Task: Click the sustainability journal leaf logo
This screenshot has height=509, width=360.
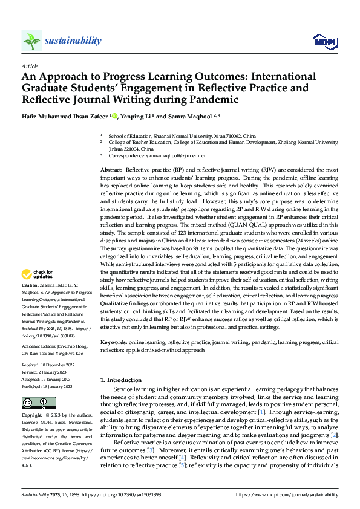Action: pos(31,41)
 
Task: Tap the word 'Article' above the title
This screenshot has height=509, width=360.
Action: pos(30,66)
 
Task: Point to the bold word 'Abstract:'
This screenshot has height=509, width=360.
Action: pos(111,172)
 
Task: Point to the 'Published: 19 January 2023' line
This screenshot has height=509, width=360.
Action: pos(47,386)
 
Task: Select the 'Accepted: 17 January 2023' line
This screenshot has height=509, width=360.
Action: pos(46,380)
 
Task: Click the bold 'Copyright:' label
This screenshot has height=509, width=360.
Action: pos(32,416)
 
